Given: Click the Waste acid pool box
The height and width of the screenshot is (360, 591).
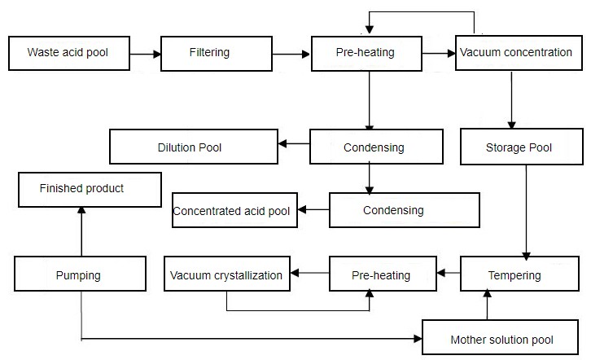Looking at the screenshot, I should coord(68,53).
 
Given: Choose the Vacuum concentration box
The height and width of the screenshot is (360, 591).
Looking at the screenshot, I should coord(516,53).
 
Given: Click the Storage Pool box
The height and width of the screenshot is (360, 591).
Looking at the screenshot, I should coord(519,147).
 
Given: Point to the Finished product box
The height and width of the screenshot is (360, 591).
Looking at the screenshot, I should coord(82,189).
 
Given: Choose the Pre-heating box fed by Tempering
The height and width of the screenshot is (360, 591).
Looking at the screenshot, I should coord(381,274).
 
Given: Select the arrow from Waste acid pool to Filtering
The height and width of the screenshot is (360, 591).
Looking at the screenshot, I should coord(145,54).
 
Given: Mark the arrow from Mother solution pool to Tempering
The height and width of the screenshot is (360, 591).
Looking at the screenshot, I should coord(488,307).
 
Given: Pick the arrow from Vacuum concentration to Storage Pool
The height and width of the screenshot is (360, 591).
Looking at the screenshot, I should coord(510,100).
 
